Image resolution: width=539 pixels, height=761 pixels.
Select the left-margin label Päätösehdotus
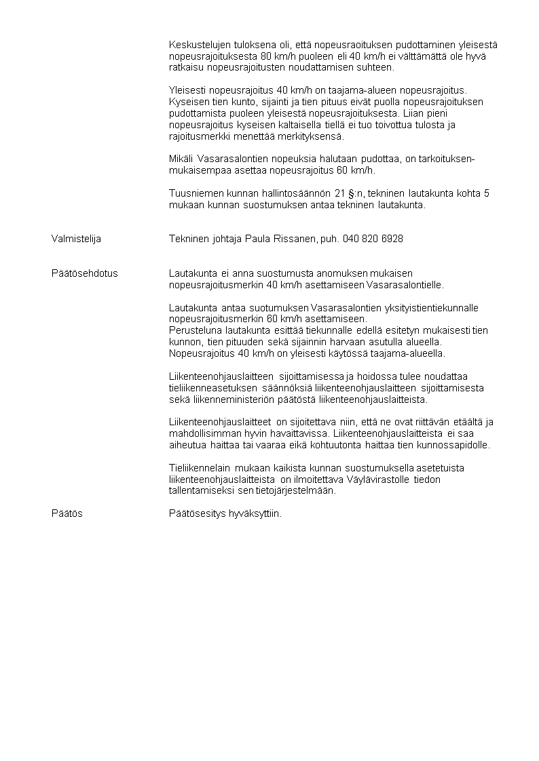(x=84, y=273)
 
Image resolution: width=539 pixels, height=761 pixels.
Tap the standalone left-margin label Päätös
(x=67, y=513)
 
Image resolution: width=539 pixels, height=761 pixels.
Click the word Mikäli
(x=180, y=159)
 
